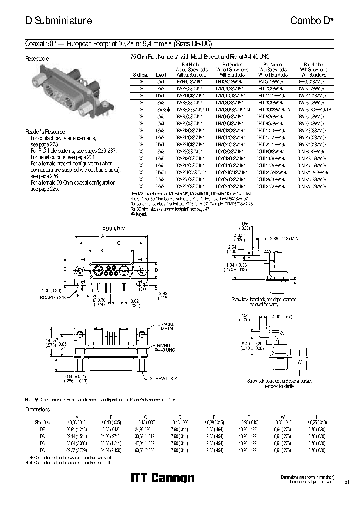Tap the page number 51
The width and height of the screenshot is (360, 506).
click(x=347, y=482)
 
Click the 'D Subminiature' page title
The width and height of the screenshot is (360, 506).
click(x=58, y=21)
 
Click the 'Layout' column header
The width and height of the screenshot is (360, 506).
click(x=161, y=72)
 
